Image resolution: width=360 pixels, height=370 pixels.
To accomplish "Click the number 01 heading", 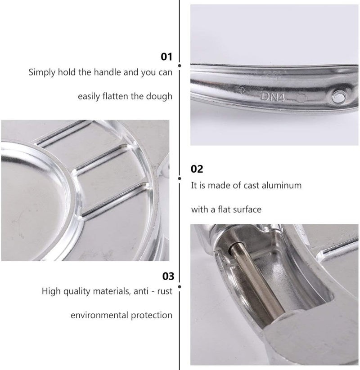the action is pyautogui.click(x=166, y=57).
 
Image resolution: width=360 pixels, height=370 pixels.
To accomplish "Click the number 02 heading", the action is pyautogui.click(x=197, y=169).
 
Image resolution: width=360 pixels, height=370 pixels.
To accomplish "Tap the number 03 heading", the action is pyautogui.click(x=168, y=276).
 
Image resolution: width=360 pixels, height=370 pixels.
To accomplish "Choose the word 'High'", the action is pyautogui.click(x=49, y=291).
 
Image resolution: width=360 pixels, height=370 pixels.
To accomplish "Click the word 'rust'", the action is pyautogui.click(x=165, y=291).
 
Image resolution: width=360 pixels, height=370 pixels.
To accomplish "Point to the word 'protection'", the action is pyautogui.click(x=152, y=316).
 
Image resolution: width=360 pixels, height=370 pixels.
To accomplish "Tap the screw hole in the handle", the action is pyautogui.click(x=339, y=97).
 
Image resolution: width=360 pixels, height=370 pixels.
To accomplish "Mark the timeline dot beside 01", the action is pyautogui.click(x=180, y=66).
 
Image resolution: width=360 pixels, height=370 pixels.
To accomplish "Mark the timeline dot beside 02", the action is pyautogui.click(x=180, y=178).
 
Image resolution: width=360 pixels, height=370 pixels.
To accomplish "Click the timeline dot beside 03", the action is pyautogui.click(x=180, y=287).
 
